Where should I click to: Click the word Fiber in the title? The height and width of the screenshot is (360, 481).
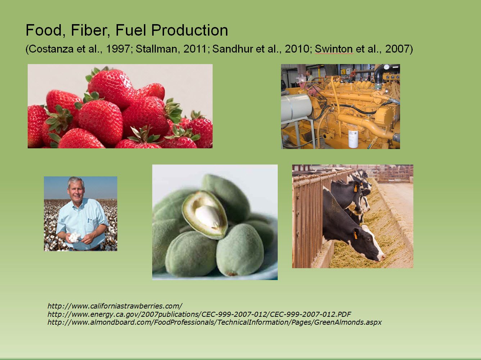(x=90, y=30)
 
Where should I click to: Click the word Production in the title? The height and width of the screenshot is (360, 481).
(x=190, y=30)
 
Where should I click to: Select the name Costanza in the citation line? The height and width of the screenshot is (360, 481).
(x=51, y=49)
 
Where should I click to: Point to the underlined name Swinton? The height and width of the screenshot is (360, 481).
(x=334, y=49)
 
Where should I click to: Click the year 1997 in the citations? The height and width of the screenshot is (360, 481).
(x=118, y=49)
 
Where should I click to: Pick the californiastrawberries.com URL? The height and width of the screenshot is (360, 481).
(x=115, y=306)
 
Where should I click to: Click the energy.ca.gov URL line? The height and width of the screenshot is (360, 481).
(x=199, y=314)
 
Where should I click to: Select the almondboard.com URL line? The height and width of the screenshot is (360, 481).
(x=214, y=322)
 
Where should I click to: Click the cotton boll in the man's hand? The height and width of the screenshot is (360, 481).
(x=74, y=238)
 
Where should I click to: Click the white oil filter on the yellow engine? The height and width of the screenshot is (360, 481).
(x=353, y=139)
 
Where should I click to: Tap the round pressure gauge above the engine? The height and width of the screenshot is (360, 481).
(x=386, y=67)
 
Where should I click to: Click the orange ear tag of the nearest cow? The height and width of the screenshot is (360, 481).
(x=355, y=235)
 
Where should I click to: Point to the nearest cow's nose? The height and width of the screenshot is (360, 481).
(x=382, y=258)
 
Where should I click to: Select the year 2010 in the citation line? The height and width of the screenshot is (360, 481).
(x=297, y=49)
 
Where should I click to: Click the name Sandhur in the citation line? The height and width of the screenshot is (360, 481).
(x=232, y=49)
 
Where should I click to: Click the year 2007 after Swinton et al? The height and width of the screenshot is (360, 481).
(x=397, y=49)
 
